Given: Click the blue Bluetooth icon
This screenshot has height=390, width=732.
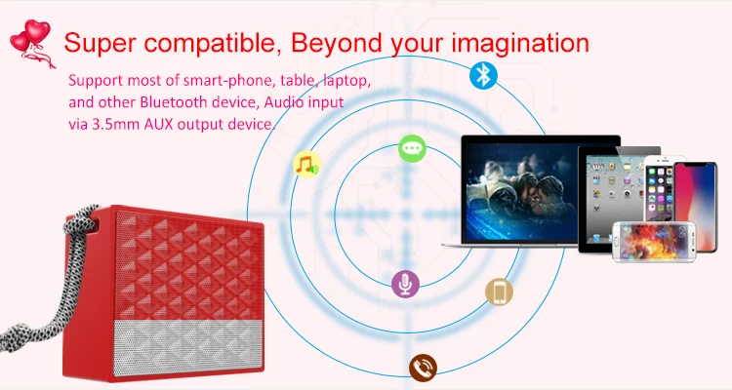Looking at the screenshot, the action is coord(483,75).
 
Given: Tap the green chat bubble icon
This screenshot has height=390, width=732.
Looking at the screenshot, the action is coord(412,149).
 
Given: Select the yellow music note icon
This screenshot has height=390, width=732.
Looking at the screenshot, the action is coord(306,164).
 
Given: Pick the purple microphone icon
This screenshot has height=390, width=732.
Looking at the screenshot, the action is coord(405,284).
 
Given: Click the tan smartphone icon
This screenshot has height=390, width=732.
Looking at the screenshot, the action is coord(499,292).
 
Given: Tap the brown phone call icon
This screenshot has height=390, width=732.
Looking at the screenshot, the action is coord(423,368).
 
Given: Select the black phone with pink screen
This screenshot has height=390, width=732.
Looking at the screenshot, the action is coord(697,206).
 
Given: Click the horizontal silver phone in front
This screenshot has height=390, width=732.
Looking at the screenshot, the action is coord(654,241).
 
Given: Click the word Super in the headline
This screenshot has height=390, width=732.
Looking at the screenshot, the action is coord(100,43).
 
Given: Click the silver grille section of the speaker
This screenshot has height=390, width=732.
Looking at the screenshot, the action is coord(187,347).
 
